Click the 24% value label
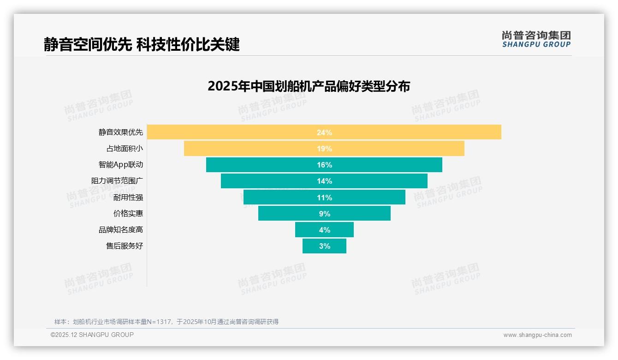(x=324, y=132)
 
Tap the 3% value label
(x=325, y=246)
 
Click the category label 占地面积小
(x=125, y=149)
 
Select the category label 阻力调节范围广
(x=117, y=181)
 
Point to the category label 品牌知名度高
(x=121, y=230)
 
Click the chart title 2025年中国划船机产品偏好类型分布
(x=309, y=86)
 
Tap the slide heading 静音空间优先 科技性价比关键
(x=142, y=44)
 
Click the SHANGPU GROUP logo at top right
(x=536, y=39)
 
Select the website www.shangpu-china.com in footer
(x=537, y=335)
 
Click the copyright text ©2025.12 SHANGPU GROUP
(x=92, y=335)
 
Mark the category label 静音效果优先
(x=121, y=132)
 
